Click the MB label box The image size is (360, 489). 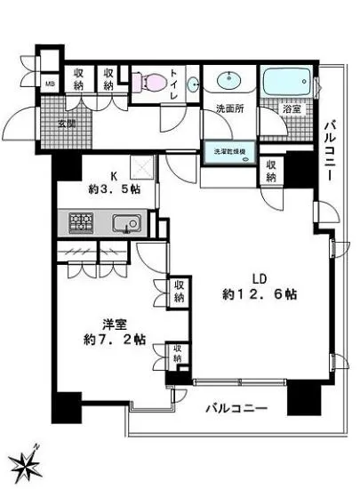51,86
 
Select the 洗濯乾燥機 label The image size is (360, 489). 229,152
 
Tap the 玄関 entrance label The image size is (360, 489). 68,123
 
